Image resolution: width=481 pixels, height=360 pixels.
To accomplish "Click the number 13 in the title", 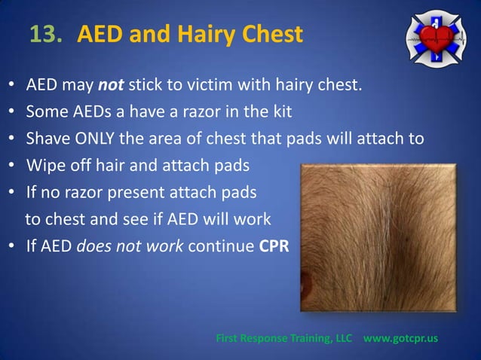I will pos(44,34).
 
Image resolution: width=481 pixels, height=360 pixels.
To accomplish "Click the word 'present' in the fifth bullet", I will pos(142,193).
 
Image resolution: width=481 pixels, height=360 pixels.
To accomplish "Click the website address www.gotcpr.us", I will pos(400,338).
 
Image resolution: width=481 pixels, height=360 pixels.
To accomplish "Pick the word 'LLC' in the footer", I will pos(345,338).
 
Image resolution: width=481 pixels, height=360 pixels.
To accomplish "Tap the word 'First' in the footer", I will pos(229,338).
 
